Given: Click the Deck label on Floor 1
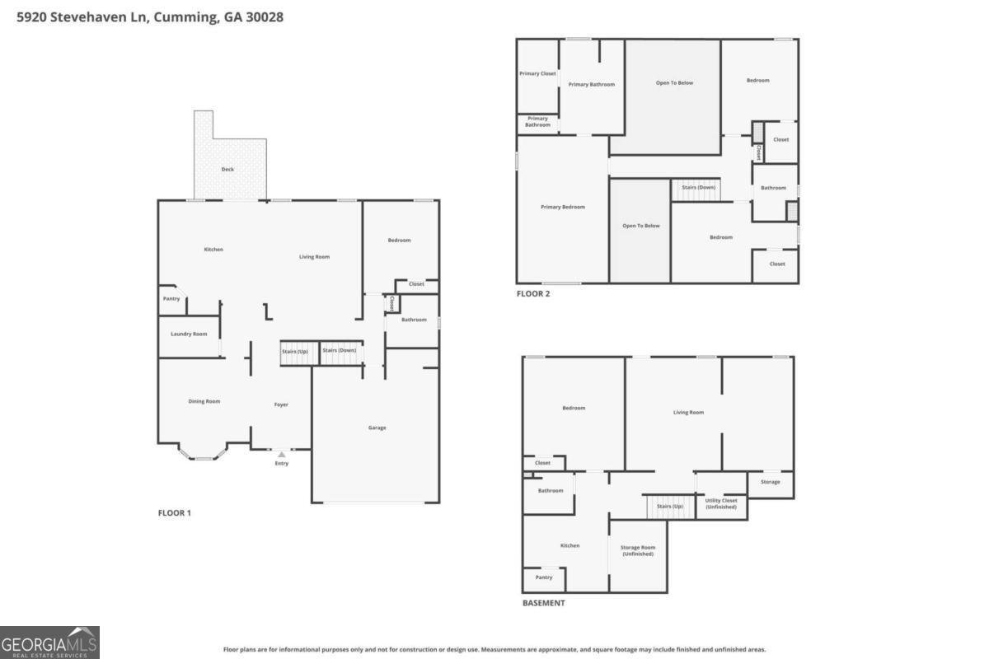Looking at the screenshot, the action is (227, 169).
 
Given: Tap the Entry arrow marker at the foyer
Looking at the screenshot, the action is (282, 454).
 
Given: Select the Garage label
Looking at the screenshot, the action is (377, 428).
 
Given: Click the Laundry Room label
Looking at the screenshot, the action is (189, 334).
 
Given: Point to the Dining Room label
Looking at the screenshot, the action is (204, 401).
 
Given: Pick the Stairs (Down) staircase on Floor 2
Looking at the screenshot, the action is (696, 190).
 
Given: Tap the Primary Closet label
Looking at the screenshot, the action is (537, 73).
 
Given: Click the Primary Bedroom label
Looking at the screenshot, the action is (563, 207).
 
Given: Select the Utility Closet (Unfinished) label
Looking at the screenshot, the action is (721, 503).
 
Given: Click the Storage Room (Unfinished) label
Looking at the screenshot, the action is (638, 550).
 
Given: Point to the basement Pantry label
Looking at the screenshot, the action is (544, 577).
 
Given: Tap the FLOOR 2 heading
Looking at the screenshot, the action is (533, 293).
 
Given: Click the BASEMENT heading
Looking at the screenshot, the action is (543, 603).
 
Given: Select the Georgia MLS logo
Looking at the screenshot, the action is (49, 643).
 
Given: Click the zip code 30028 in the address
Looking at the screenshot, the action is (265, 17).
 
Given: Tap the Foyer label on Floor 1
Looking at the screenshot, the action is (281, 404).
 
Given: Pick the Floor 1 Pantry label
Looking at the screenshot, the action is (171, 298).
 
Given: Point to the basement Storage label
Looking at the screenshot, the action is (771, 482).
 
